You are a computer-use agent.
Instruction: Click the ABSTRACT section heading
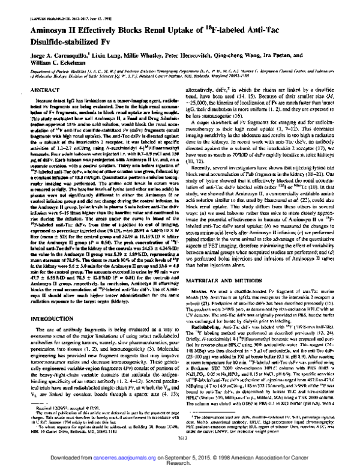pos(43,89)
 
